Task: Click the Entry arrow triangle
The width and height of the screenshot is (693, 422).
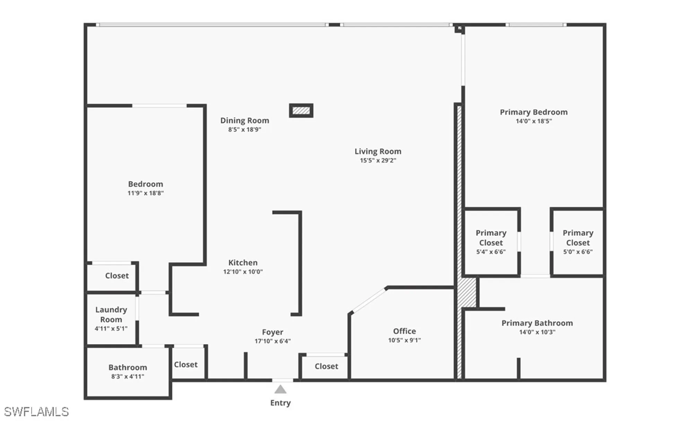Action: coord(280,390)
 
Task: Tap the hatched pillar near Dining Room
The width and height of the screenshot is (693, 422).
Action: coord(301,111)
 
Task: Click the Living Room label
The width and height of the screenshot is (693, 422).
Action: coord(378,151)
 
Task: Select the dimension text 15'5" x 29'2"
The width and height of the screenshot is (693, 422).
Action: coord(378,160)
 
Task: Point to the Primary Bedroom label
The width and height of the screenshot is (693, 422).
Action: coord(534,112)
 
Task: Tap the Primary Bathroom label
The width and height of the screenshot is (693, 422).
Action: coord(537,323)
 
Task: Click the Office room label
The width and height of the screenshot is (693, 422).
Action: coord(404,331)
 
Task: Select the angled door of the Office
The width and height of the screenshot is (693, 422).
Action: coord(368,301)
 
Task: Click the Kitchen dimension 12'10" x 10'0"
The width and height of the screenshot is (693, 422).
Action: coord(243,272)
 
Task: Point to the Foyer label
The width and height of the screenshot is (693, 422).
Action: coord(272,332)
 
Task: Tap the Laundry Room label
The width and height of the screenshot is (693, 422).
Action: coord(111,315)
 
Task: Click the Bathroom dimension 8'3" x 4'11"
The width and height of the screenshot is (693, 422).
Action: coord(128,377)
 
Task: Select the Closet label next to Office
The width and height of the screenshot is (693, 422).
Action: coord(326,366)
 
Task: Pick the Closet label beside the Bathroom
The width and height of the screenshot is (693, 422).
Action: coord(186,364)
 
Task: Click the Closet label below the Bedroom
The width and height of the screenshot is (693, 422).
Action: coord(117,276)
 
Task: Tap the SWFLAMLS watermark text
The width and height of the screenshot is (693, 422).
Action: coord(36,412)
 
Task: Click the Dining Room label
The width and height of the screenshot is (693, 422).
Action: coord(245,121)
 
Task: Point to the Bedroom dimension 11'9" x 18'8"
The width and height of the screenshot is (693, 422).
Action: coord(146,193)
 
